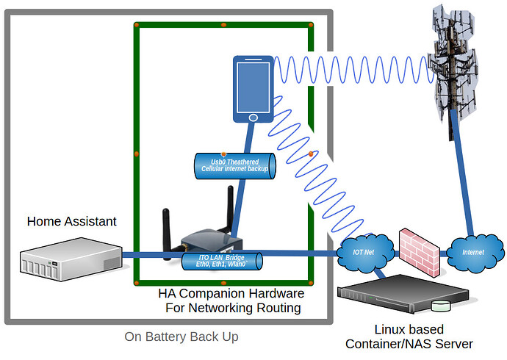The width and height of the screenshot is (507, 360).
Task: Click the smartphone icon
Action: click(x=253, y=89)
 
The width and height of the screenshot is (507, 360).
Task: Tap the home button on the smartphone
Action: click(x=253, y=117)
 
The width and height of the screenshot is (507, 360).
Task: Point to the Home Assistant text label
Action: click(x=71, y=221)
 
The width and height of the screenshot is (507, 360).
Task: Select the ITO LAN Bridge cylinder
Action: click(x=222, y=260)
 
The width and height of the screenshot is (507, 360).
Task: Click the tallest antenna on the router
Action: click(x=230, y=209)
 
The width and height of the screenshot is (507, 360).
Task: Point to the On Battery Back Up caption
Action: click(x=181, y=336)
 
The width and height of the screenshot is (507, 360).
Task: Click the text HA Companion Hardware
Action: click(x=231, y=294)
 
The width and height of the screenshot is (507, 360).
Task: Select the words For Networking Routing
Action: click(x=233, y=309)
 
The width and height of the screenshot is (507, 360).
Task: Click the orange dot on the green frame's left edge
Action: click(x=136, y=154)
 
